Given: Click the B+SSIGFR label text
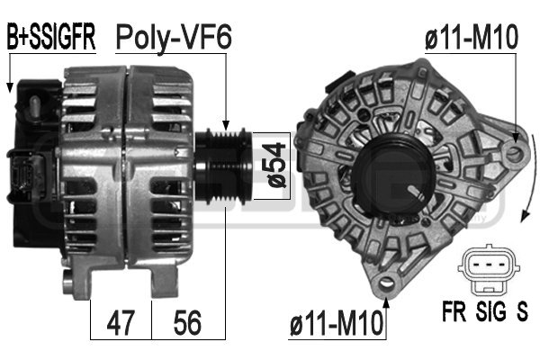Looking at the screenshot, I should click(51, 38).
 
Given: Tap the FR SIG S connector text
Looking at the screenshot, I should click(485, 315).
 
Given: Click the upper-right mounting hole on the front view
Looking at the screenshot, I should click(513, 155).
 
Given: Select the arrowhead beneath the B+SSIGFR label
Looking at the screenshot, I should click(9, 88).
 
